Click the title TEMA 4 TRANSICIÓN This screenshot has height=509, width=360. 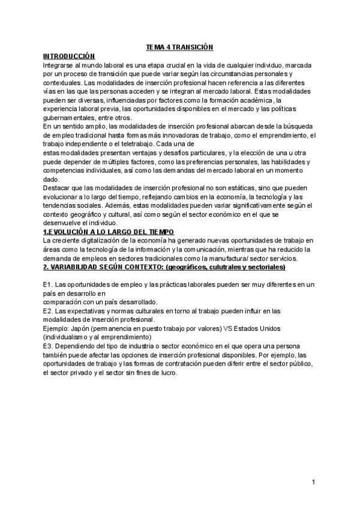pos(179,46)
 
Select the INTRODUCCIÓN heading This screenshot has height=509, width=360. pos(70,55)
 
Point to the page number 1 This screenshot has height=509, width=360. pos(314,482)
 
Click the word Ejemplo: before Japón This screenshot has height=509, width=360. pos(57,328)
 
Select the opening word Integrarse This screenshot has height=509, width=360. pos(61,64)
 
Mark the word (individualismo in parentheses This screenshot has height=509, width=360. pos(68,337)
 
